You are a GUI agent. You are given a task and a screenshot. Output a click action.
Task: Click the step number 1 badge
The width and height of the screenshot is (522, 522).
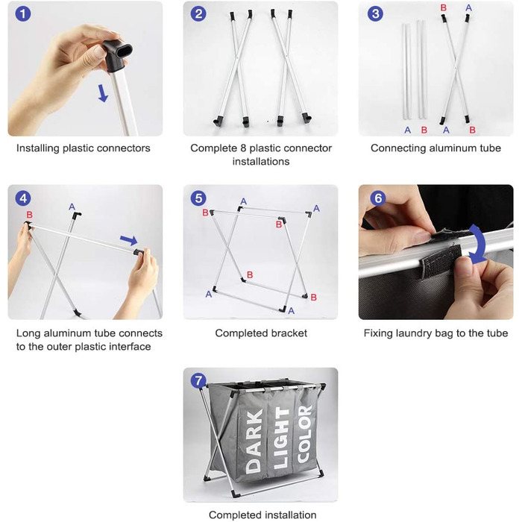click(x=23, y=13)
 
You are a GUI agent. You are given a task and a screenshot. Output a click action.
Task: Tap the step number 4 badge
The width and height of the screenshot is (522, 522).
click(x=23, y=198)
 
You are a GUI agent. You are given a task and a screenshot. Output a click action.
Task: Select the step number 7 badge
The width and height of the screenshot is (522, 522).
click(x=198, y=380)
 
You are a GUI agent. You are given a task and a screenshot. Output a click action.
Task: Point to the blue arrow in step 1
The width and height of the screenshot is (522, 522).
click(x=103, y=93)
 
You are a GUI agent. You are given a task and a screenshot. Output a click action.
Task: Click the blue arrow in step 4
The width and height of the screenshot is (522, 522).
click(x=129, y=240)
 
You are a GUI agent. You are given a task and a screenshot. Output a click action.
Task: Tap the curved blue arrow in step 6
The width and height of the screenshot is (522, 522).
click(x=478, y=245)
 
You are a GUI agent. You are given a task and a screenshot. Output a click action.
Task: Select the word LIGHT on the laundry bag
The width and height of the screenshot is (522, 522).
click(x=281, y=438)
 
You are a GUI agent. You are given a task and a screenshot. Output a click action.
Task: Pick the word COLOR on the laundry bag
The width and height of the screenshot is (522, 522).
click(x=305, y=433)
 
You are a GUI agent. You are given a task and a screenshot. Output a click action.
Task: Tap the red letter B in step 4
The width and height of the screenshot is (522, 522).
click(x=29, y=215)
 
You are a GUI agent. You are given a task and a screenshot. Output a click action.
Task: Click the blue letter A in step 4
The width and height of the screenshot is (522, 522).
click(x=72, y=207)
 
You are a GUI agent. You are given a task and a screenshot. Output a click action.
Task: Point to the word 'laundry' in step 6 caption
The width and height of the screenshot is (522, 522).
click(x=418, y=333)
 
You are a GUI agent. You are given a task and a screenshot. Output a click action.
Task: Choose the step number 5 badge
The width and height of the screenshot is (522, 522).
click(x=198, y=198)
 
